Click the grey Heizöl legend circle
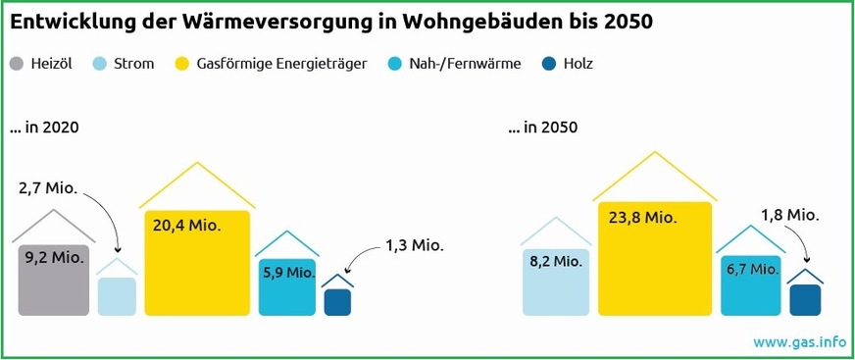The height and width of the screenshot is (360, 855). [x=17, y=65]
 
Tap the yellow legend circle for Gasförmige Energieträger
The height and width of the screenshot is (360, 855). [x=181, y=65]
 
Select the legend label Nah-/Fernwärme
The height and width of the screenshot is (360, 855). [x=465, y=65]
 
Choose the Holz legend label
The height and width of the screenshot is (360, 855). [x=578, y=65]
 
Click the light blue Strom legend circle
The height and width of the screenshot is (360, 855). [x=99, y=65]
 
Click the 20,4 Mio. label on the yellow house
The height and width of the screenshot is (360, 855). [x=186, y=226]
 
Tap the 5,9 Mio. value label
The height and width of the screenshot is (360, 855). [x=288, y=272]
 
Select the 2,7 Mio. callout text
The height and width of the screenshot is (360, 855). [x=47, y=186]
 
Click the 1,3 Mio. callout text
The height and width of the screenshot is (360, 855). [x=413, y=246]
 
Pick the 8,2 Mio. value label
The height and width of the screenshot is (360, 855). [x=556, y=261]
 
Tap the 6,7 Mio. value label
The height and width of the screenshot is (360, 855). [x=752, y=268]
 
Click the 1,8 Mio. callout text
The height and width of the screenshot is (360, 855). [x=790, y=215]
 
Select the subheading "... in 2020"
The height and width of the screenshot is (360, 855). [x=44, y=129]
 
